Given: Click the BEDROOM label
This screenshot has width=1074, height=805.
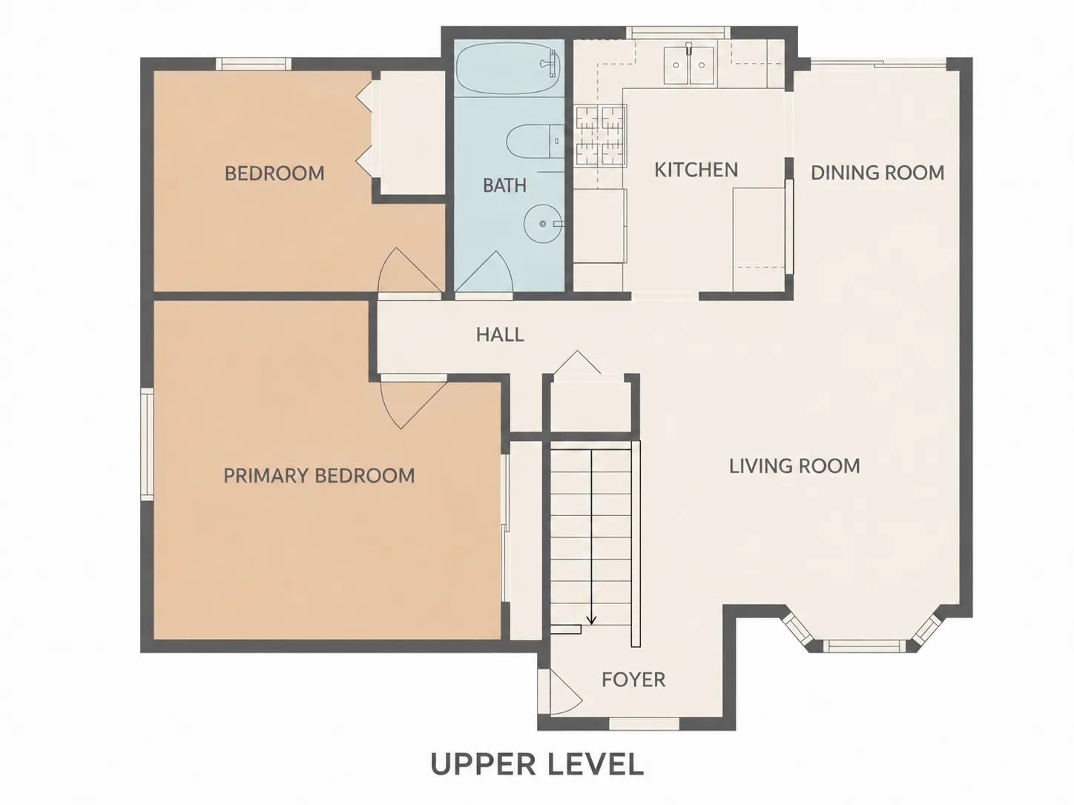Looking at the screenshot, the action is (274, 173).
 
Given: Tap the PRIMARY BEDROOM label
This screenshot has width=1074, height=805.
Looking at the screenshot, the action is (319, 476).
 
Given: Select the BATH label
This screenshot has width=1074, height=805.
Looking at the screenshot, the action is (504, 185).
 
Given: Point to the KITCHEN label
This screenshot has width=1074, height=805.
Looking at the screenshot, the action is (696, 170).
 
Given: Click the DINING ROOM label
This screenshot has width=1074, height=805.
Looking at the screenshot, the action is (877, 173).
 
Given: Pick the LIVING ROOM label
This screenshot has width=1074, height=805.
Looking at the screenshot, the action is (794, 466).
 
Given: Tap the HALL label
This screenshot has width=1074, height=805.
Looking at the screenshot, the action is (500, 335).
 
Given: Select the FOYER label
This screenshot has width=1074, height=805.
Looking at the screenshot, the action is (633, 680).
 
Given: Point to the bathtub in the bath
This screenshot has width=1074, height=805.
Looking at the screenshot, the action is (508, 68).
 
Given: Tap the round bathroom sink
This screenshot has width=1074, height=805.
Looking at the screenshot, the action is (542, 223).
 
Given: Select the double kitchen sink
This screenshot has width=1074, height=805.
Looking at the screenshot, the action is (689, 65).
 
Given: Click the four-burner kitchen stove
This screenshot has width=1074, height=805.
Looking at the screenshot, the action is (600, 136).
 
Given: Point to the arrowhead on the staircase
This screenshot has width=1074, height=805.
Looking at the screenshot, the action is (592, 620).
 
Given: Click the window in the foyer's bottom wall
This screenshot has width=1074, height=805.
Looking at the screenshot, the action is (644, 723).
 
